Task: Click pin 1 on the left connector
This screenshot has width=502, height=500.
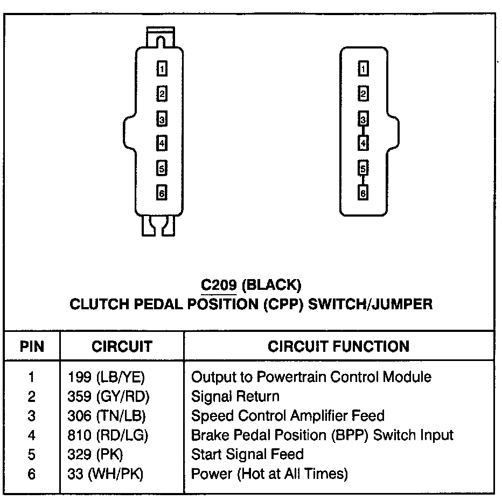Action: point(161,68)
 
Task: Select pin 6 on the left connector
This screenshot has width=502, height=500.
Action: point(161,193)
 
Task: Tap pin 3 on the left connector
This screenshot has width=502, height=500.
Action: point(161,119)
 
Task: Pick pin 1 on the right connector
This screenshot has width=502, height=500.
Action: point(364,68)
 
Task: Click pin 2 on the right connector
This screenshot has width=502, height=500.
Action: point(364,94)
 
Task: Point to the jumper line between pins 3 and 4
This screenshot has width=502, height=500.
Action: point(364,131)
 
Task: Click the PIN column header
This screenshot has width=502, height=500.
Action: point(32,346)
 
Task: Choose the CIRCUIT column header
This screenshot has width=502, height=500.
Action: point(122,346)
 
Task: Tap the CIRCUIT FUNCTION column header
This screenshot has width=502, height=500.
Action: point(338,346)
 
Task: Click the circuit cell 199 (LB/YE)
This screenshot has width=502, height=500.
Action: point(107,377)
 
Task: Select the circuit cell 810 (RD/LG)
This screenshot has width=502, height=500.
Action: point(108,435)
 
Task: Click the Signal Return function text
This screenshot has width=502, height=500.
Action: point(235,397)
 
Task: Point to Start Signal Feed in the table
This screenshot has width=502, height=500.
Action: point(247,454)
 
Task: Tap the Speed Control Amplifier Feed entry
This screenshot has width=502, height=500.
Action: point(288,415)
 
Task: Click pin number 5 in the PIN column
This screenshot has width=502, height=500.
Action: point(31,454)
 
